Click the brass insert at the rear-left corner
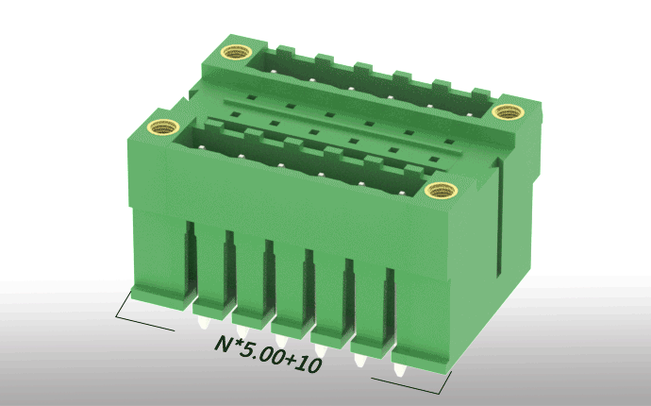tap(236, 53)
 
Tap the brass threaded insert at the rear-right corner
tap(508, 111)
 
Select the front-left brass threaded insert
tap(163, 127)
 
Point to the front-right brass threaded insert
tap(441, 191)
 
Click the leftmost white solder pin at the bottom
tap(204, 323)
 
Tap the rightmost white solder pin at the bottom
tap(399, 369)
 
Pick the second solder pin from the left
tap(242, 331)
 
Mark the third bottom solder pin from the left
tap(281, 341)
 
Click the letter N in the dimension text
tap(224, 344)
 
